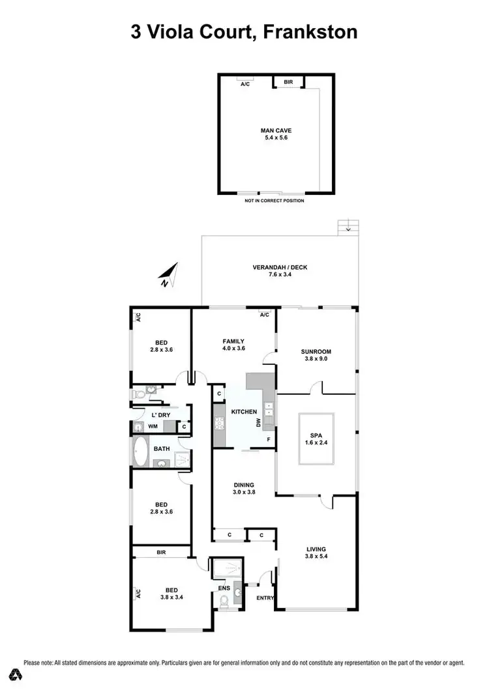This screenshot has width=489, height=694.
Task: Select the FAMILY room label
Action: pyautogui.click(x=233, y=341)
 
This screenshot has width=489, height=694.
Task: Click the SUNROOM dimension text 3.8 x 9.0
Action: pyautogui.click(x=318, y=358)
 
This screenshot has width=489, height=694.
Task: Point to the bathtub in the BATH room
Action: pyautogui.click(x=140, y=450)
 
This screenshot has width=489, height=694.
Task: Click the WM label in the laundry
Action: pyautogui.click(x=153, y=426)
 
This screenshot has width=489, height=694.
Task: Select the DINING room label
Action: pyautogui.click(x=244, y=485)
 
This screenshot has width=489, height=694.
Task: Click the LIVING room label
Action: pyautogui.click(x=316, y=549)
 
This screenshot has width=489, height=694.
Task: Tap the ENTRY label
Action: pyautogui.click(x=265, y=598)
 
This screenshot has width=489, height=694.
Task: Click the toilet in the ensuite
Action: pyautogui.click(x=224, y=605)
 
